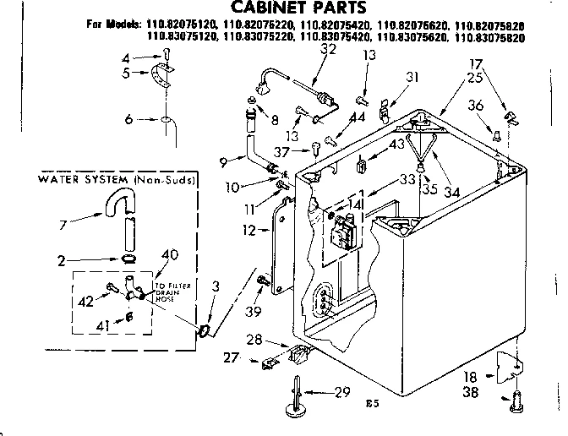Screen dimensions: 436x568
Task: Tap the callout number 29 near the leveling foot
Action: [x=342, y=393]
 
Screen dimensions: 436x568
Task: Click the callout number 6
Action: [x=128, y=120]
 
